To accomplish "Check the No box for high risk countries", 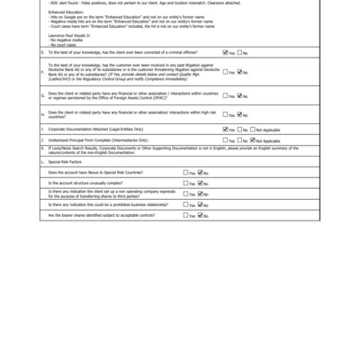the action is pos(239,114).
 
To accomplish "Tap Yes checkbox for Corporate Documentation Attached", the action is pos(226,130).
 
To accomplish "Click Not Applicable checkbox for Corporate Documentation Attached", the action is pos(254,130).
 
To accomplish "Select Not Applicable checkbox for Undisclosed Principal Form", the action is pos(254,140).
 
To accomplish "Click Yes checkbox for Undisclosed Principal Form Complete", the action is pos(226,140).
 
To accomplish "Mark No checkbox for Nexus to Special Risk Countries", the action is pos(200,172).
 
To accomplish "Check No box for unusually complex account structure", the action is pos(200,183).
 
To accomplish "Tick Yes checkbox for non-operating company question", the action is pos(186,193).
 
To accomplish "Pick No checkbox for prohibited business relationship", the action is pos(200,204).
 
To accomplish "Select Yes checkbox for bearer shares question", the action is pos(186,215).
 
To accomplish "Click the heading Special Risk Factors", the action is pos(70,161).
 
